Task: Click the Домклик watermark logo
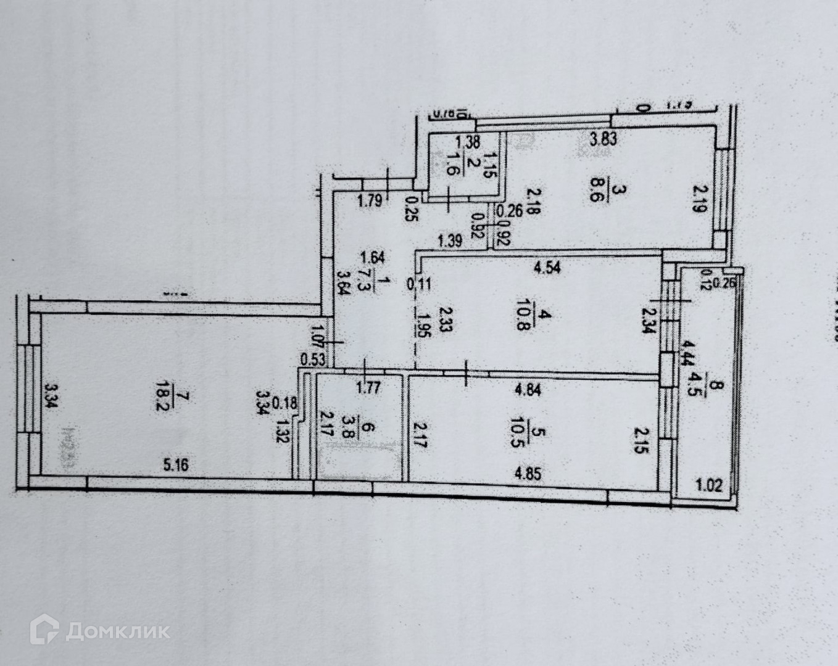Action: coord(99,630)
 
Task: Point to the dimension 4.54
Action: coord(547,268)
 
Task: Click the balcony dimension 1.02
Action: coord(708,485)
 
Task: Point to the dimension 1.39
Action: coord(450,241)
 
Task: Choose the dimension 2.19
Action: coord(697,199)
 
